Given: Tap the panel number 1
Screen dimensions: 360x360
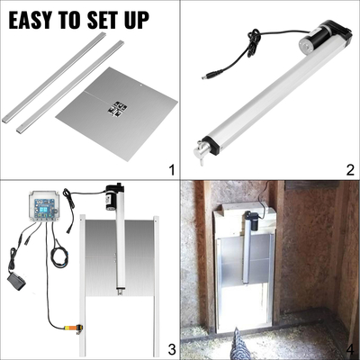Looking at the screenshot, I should (x=169, y=169).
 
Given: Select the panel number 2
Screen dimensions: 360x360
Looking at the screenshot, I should (x=349, y=169).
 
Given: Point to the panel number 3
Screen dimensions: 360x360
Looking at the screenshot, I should (x=169, y=349).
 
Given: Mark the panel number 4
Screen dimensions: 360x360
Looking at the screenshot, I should (x=349, y=349).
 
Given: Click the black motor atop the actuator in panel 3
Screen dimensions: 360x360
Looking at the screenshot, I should (x=113, y=196).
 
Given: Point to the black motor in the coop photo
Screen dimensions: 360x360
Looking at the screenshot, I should (x=256, y=217).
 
